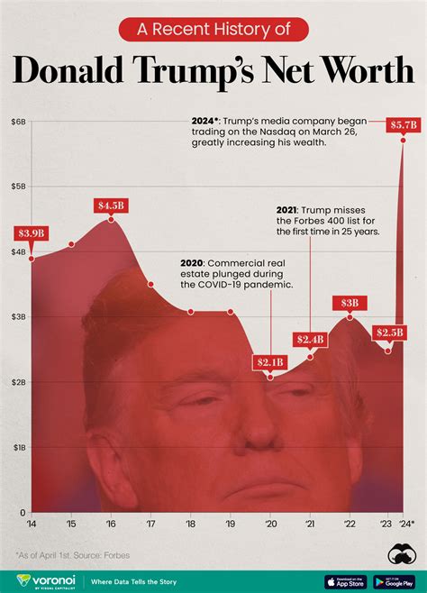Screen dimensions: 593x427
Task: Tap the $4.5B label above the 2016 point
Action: click(x=112, y=205)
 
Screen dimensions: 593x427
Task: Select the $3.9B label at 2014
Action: click(x=32, y=233)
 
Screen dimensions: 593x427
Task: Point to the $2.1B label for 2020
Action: click(x=270, y=362)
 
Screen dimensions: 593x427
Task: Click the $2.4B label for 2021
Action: click(x=311, y=339)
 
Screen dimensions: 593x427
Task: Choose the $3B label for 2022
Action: click(x=350, y=303)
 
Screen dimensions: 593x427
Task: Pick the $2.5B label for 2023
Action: click(x=389, y=333)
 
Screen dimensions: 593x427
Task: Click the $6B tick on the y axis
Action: click(x=18, y=121)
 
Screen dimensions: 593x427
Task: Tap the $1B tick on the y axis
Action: click(x=18, y=447)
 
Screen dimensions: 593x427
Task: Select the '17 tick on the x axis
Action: click(x=150, y=524)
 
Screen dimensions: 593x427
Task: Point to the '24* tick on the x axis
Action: click(x=406, y=524)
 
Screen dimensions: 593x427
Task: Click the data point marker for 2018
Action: click(x=191, y=312)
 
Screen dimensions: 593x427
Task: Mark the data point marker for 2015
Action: click(x=71, y=244)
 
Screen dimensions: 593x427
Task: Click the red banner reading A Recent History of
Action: click(x=213, y=30)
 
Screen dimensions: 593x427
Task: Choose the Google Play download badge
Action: click(x=395, y=581)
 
